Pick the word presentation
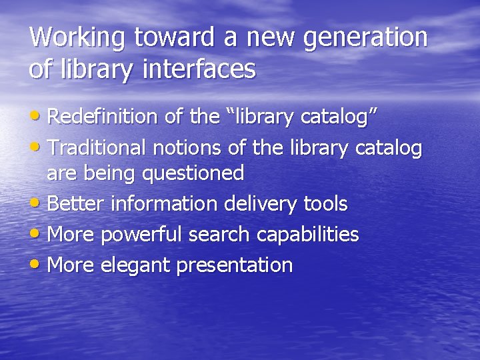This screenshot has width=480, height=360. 235,265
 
